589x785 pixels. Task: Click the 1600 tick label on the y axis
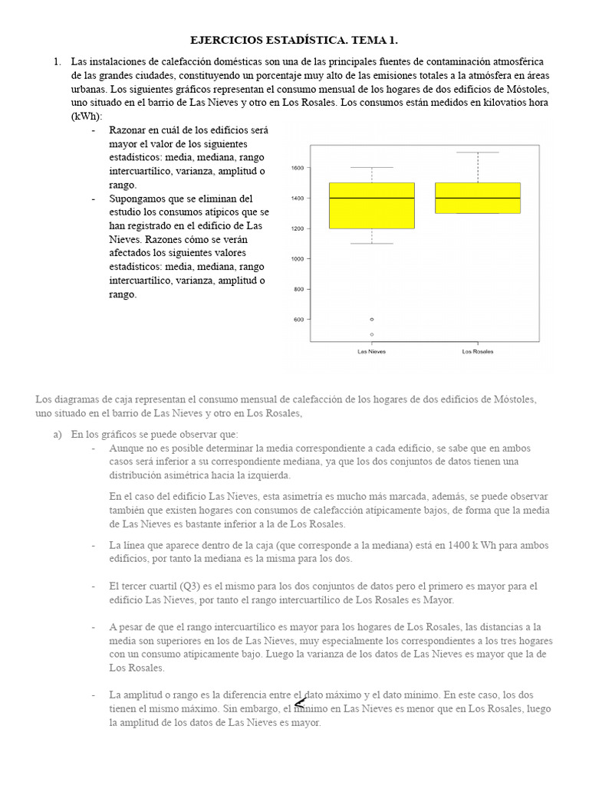(298, 168)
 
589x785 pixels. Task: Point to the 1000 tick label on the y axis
(298, 259)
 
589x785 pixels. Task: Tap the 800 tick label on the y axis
(299, 289)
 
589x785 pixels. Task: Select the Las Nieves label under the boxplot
(371, 352)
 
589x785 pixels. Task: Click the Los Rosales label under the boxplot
(477, 352)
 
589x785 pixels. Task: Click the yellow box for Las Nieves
(371, 205)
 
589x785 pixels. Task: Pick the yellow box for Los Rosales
(477, 198)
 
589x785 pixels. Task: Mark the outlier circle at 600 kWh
(372, 319)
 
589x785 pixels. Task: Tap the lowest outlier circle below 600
(372, 334)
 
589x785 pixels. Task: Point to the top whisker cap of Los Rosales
(477, 153)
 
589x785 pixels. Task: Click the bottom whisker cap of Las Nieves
(371, 244)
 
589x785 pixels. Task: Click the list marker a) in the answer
(57, 434)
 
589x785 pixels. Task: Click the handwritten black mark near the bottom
(300, 703)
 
